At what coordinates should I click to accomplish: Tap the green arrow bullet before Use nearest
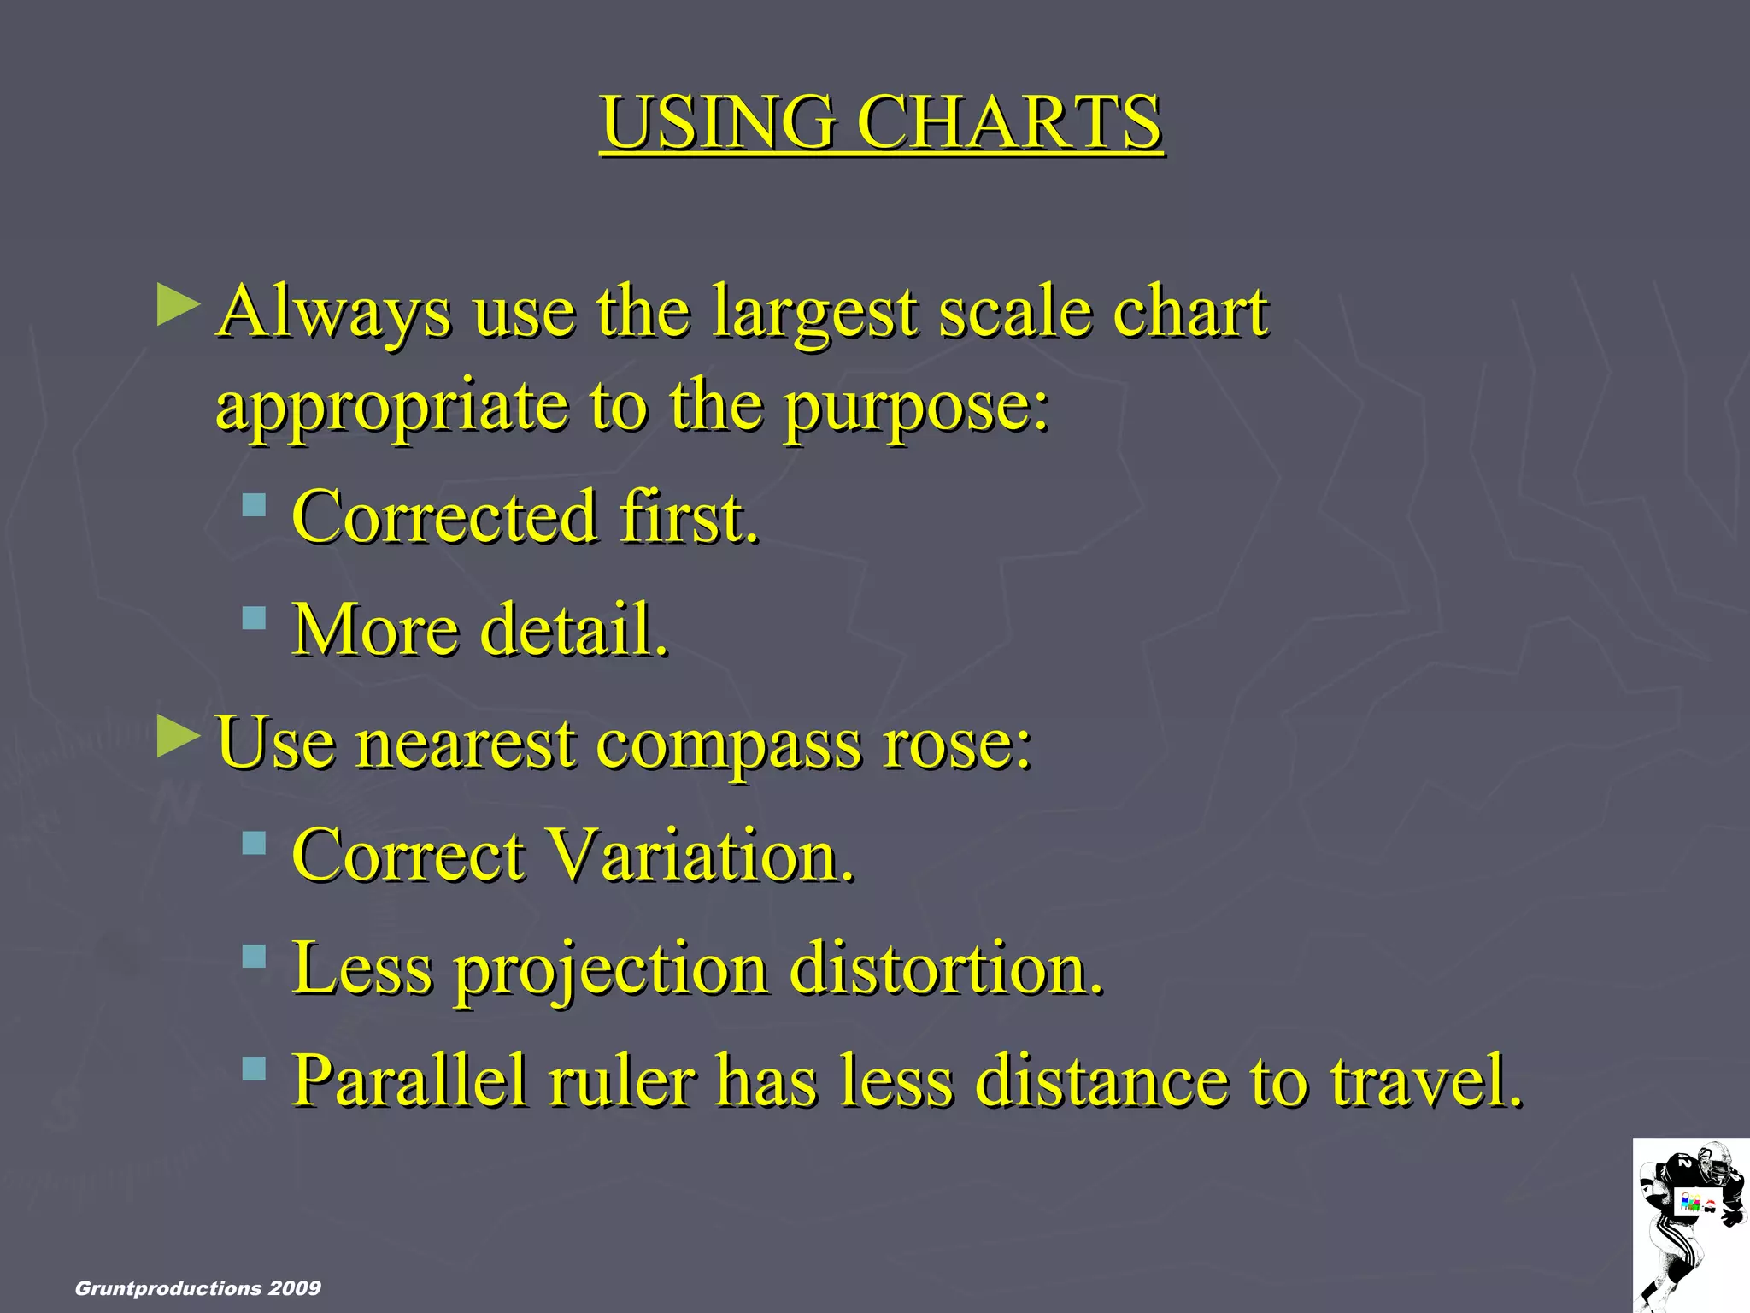coord(179,737)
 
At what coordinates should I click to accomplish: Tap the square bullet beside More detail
coord(254,617)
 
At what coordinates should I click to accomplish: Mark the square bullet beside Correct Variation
coord(254,844)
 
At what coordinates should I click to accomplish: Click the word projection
coord(611,970)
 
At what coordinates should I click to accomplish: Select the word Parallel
coord(410,1081)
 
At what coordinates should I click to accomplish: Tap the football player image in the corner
coord(1691,1224)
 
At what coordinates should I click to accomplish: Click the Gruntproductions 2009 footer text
coord(198,1288)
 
